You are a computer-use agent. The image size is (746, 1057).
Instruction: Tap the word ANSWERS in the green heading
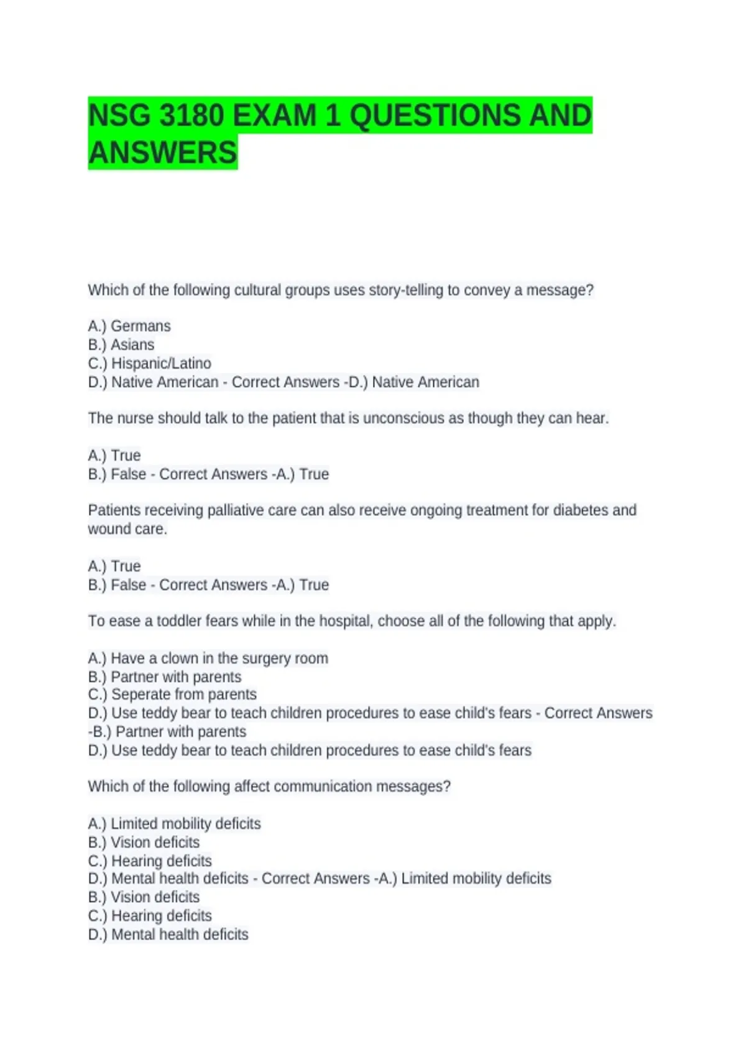[163, 153]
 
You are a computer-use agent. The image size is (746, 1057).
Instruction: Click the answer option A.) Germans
[129, 326]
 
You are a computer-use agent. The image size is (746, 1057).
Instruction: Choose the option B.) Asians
[121, 344]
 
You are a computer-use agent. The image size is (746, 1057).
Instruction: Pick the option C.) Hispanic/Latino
[150, 363]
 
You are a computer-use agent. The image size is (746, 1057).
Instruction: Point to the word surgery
[266, 658]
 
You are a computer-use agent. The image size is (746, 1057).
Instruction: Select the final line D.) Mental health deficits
[168, 935]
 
